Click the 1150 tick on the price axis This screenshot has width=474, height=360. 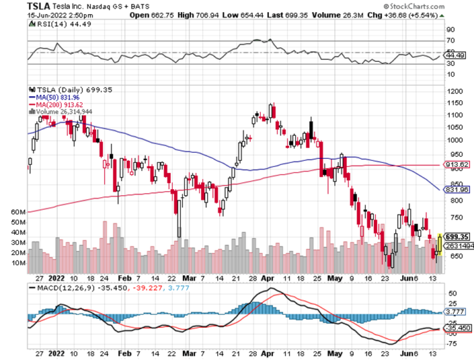click(455, 103)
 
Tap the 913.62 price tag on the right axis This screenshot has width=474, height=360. click(457, 165)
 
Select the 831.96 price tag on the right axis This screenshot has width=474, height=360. click(457, 189)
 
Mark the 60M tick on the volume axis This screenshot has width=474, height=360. click(18, 211)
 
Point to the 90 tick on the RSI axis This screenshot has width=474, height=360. click(450, 29)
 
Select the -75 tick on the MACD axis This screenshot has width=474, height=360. click(452, 343)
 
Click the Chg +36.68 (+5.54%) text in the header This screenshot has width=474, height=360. click(428, 14)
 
